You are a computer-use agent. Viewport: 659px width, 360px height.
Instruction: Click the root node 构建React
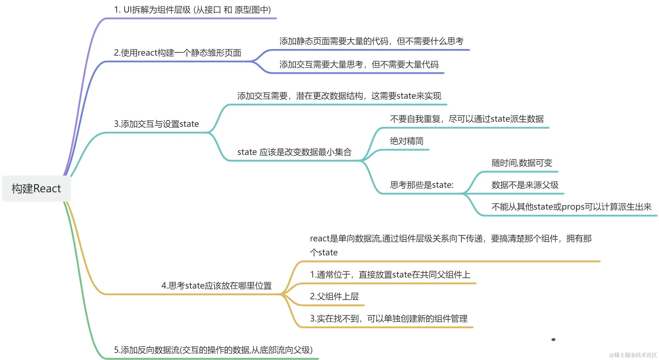click(x=36, y=189)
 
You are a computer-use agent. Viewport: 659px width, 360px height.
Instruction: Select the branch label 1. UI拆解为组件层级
click(x=192, y=10)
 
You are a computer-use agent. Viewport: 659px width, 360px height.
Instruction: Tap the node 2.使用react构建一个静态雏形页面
click(x=177, y=53)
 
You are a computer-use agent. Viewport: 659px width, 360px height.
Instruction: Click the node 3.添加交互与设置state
click(x=156, y=124)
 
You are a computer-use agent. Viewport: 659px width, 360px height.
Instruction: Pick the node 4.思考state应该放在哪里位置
click(x=216, y=286)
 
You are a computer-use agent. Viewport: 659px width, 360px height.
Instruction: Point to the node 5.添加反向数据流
click(x=213, y=350)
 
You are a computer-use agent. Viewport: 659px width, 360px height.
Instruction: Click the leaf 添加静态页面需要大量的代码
click(x=371, y=41)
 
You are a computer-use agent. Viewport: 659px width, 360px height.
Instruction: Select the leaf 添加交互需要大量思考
click(x=359, y=65)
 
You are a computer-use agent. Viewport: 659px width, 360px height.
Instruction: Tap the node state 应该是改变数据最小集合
click(x=294, y=152)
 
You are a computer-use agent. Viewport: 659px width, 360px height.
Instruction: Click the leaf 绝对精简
click(x=407, y=141)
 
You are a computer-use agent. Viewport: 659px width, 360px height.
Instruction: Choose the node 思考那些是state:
click(x=422, y=185)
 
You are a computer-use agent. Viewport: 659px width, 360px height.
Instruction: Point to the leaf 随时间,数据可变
click(x=522, y=163)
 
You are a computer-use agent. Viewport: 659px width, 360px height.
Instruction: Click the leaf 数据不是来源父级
click(x=525, y=185)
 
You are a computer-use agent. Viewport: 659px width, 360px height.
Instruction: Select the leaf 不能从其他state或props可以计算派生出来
click(x=571, y=207)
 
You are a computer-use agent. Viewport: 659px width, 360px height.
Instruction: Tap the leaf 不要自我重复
click(x=466, y=119)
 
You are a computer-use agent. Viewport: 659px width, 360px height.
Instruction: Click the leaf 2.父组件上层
click(x=334, y=297)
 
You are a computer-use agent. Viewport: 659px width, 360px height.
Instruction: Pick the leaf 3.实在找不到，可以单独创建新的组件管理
click(x=389, y=319)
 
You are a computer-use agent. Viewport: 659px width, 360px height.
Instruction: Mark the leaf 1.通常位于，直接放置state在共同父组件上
click(x=390, y=275)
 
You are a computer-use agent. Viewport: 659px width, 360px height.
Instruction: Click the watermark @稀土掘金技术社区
click(x=633, y=355)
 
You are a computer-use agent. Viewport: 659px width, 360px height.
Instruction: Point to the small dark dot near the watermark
click(x=553, y=340)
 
